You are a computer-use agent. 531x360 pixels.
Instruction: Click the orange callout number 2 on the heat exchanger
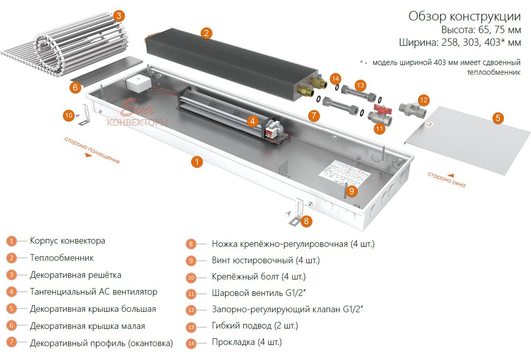(x=206, y=33)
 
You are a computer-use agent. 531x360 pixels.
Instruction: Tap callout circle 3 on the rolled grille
(x=119, y=16)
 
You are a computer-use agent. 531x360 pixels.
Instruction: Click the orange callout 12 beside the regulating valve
(x=423, y=100)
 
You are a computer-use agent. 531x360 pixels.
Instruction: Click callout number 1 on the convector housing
(x=197, y=162)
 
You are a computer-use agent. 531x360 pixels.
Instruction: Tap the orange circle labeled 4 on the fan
(x=252, y=121)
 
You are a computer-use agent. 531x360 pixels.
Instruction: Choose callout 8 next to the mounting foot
(x=306, y=221)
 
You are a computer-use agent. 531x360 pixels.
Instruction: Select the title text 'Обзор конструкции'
(x=464, y=17)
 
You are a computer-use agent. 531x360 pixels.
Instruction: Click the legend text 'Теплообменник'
(x=62, y=258)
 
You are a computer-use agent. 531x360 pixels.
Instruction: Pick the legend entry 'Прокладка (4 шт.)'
(x=246, y=343)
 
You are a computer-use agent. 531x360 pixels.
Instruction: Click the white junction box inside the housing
(x=137, y=83)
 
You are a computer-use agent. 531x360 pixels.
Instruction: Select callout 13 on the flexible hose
(x=360, y=86)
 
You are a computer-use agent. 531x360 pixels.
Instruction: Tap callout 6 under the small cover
(x=75, y=87)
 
